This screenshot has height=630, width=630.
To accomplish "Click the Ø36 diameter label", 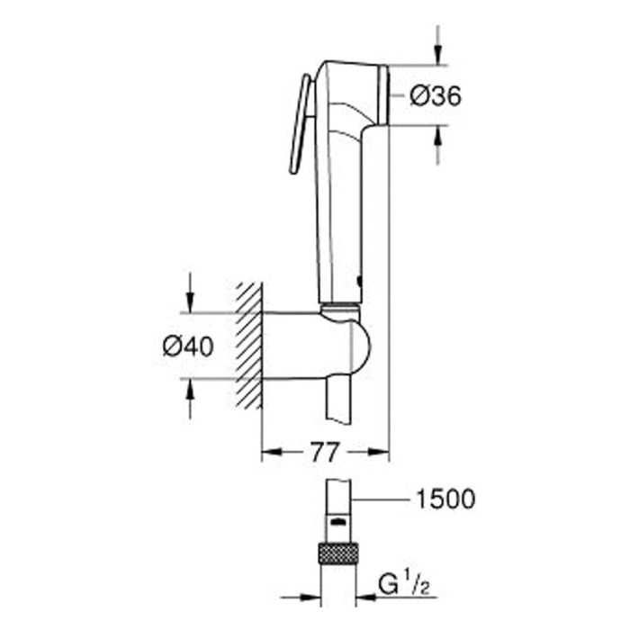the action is (436, 97).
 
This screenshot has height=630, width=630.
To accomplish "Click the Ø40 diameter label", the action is (188, 346).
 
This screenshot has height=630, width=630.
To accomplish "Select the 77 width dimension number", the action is (324, 453).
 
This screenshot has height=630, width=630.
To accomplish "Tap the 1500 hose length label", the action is (445, 499).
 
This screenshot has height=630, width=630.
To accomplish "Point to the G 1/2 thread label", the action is (404, 586).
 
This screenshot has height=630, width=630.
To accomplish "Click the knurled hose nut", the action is (337, 553).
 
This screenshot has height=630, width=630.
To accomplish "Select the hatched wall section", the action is (249, 346).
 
